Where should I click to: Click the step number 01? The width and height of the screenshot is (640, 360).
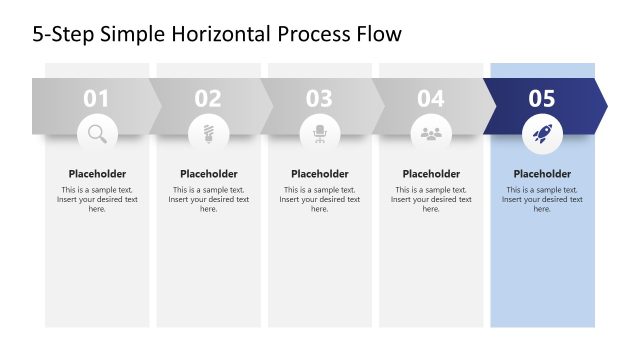(96, 99)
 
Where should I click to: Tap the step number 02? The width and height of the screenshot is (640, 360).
(208, 99)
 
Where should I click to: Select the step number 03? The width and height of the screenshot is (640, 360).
(319, 99)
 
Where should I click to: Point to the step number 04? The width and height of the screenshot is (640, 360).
(431, 99)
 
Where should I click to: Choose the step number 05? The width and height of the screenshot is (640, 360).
(542, 99)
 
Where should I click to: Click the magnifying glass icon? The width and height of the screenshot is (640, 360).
(97, 132)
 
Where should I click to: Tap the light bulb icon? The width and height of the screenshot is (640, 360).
(208, 132)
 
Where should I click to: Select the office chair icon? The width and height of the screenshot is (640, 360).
(320, 132)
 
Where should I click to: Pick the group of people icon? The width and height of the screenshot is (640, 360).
(431, 132)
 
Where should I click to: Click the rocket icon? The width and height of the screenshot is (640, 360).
(542, 132)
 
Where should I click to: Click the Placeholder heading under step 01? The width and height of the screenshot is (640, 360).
(97, 174)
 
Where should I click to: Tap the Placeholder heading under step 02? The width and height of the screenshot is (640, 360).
(208, 174)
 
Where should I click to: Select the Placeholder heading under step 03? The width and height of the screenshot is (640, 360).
(320, 174)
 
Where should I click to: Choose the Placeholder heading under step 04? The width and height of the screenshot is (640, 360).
(431, 174)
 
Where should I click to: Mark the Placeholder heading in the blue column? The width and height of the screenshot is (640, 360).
(542, 174)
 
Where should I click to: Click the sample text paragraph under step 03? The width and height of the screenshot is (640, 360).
(320, 199)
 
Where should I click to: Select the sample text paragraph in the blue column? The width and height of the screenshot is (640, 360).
(542, 199)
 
